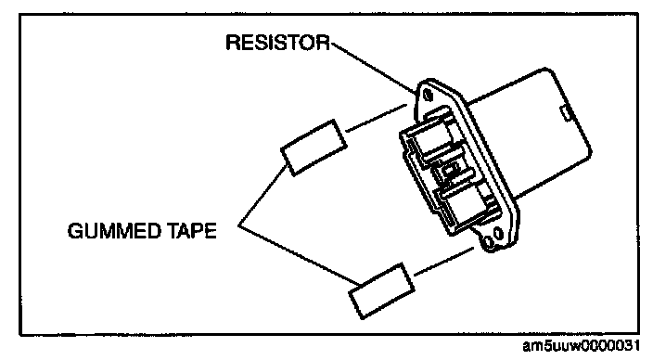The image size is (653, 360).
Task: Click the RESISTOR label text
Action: click(x=277, y=43)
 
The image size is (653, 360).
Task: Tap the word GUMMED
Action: click(x=114, y=231)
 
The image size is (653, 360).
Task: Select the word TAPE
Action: click(x=192, y=231)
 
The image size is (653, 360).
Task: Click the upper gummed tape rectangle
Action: click(x=314, y=148)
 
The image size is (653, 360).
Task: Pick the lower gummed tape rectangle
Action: click(x=381, y=290)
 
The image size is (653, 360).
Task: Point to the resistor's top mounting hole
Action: click(x=428, y=96)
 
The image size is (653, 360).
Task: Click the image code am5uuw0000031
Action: click(x=582, y=346)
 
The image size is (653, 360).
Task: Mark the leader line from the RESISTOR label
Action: click(x=373, y=68)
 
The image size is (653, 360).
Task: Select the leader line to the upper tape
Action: click(x=263, y=195)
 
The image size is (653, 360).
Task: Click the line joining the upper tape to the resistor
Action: click(x=377, y=119)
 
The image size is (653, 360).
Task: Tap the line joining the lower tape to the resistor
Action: click(x=444, y=262)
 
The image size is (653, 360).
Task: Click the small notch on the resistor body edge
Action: click(x=566, y=113)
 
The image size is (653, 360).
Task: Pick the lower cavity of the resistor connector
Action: click(x=466, y=208)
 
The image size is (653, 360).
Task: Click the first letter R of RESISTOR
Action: click(x=232, y=43)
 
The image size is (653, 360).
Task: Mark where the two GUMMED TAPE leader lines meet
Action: click(x=238, y=225)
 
